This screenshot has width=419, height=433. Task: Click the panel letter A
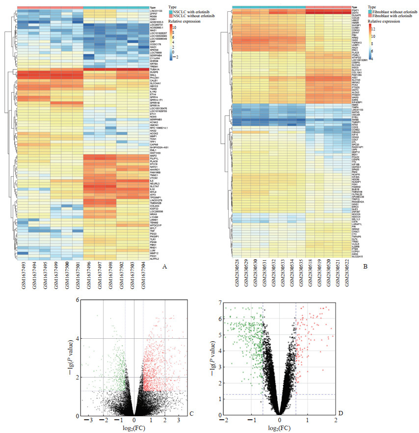tap(164, 267)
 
